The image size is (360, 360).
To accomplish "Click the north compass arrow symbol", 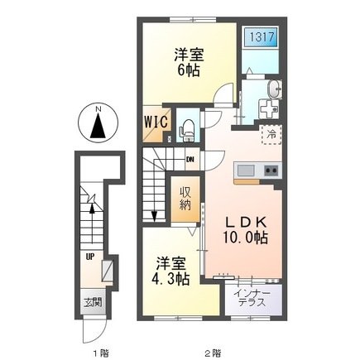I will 98,127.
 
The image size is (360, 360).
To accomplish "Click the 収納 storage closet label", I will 186,199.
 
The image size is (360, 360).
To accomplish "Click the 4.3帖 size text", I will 171,279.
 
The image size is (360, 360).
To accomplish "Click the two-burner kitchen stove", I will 271,170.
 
